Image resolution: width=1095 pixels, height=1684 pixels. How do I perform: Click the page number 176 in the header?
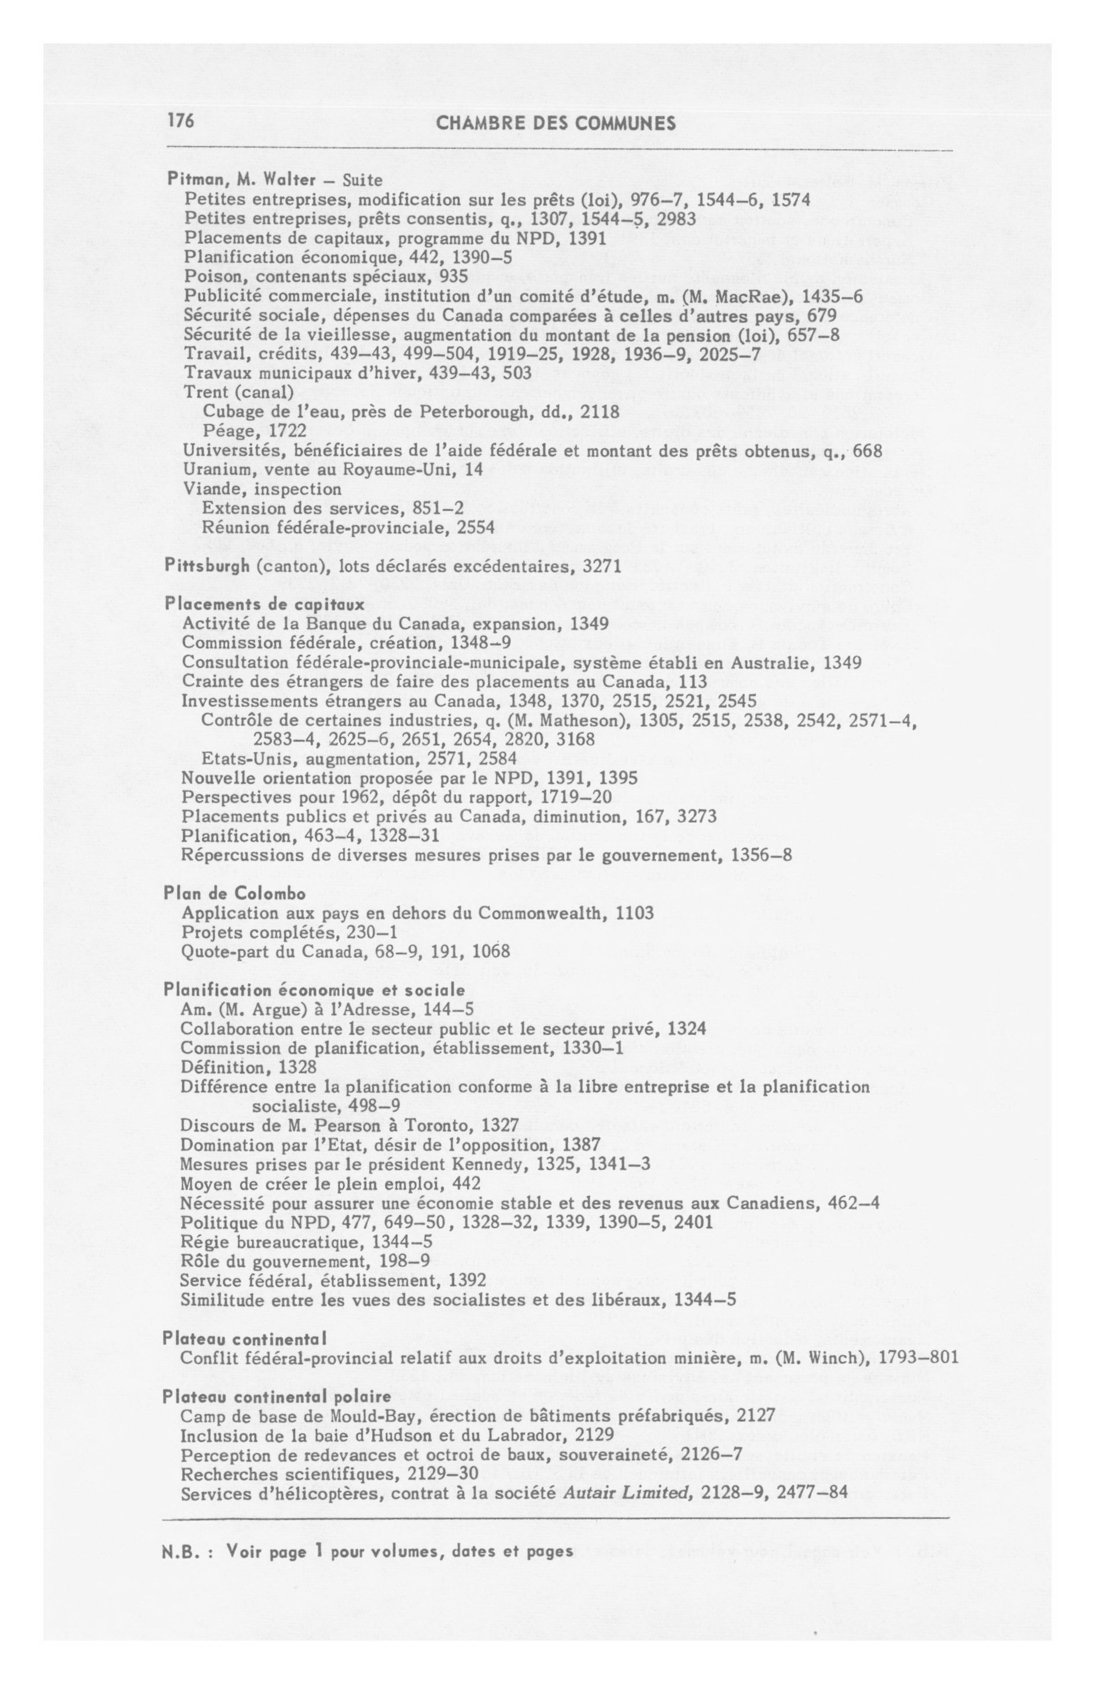pyautogui.click(x=181, y=121)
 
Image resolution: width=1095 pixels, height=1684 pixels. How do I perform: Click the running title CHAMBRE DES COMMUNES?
pyautogui.click(x=555, y=124)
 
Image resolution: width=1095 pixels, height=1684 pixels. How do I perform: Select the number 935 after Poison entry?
pyautogui.click(x=453, y=276)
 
